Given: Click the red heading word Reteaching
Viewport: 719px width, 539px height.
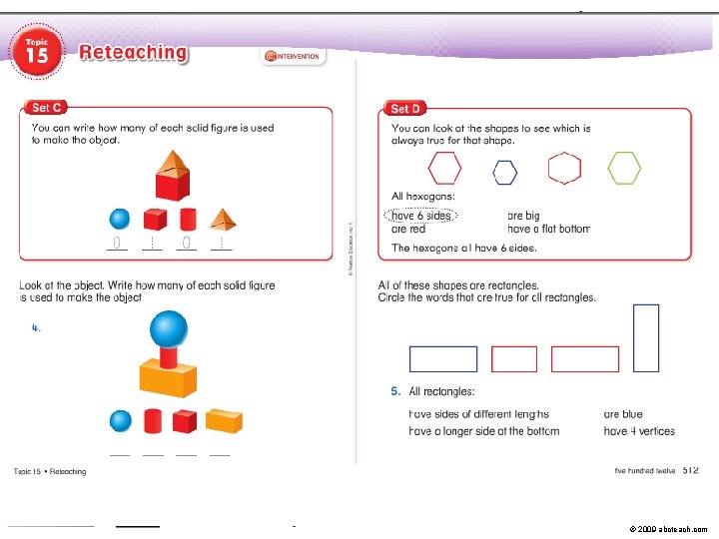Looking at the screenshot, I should coord(133,52).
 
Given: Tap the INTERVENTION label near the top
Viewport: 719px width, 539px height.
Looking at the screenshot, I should coord(293,57).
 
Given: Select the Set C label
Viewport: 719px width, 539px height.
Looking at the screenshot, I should coord(48,108).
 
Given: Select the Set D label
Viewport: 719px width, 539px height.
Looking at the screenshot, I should coord(405,108).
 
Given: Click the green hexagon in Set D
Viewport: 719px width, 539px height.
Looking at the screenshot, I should coord(625,169).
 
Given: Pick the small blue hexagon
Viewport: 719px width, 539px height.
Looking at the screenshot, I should coord(505,174).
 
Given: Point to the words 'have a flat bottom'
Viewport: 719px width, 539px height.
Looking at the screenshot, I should coord(548,229).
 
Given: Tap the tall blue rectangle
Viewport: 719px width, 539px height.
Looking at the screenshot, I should coord(646,337).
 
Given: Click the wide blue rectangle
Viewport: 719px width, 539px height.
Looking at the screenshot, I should coord(443,358).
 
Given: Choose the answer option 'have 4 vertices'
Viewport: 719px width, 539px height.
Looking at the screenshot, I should coord(639,431).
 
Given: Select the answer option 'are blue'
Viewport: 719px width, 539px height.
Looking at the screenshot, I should coord(623,413).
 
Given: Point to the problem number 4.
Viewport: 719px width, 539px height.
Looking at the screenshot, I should coord(36,326).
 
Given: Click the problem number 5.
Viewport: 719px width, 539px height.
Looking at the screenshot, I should coord(395,391).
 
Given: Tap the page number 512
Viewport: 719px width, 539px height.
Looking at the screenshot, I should coord(690,469).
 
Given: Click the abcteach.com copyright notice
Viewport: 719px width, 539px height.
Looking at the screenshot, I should coord(668,527).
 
